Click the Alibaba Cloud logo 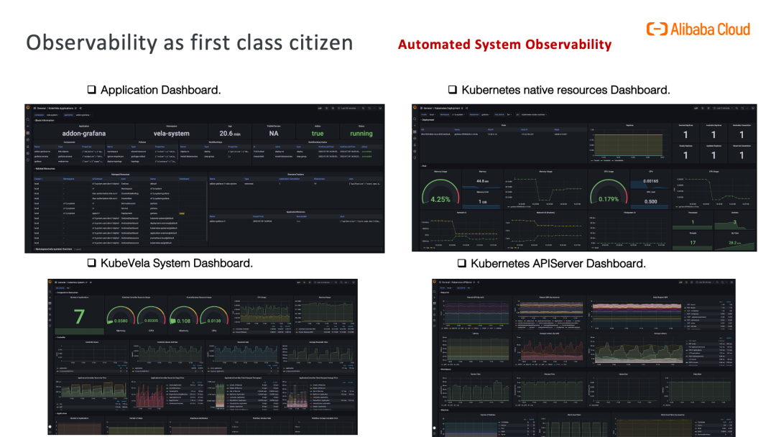point(698,29)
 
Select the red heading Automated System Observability point(504,45)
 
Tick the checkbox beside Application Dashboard point(92,90)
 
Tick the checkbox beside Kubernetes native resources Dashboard point(453,90)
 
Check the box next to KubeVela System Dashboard point(92,263)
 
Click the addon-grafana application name point(84,134)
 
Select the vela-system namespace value point(171,134)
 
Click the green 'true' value point(318,134)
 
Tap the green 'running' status point(361,134)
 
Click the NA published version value point(274,134)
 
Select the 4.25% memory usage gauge point(440,199)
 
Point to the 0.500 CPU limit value point(650,201)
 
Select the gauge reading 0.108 point(184,321)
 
